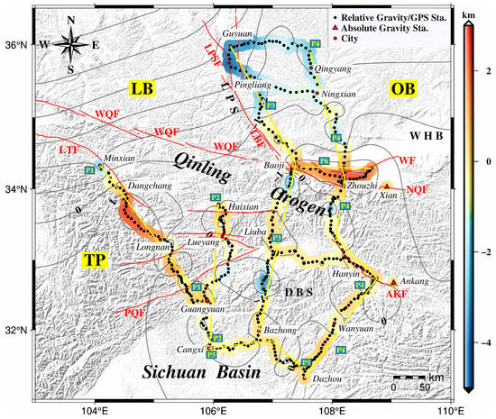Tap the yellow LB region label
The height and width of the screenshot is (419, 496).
(139, 89)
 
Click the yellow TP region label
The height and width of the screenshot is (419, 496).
(94, 260)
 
